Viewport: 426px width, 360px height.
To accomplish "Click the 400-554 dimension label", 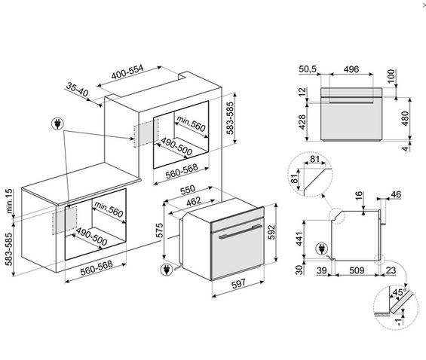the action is pyautogui.click(x=127, y=72).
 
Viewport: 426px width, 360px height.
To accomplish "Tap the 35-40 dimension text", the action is pyautogui.click(x=77, y=90).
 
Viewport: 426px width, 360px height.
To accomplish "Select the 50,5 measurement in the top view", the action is pyautogui.click(x=308, y=69).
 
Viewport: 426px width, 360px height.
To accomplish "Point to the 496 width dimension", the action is pyautogui.click(x=351, y=69).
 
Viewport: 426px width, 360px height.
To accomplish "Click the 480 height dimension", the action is pyautogui.click(x=405, y=118).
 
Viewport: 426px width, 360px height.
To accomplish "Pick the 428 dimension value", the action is pyautogui.click(x=302, y=122).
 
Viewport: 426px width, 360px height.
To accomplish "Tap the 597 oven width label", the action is pyautogui.click(x=238, y=283).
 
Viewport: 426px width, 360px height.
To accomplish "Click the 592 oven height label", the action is pyautogui.click(x=271, y=233).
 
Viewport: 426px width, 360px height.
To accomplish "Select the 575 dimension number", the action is pyautogui.click(x=160, y=230).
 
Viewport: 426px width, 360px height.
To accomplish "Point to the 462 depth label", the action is pyautogui.click(x=194, y=201).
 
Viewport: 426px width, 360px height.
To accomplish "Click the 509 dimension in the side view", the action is pyautogui.click(x=357, y=270).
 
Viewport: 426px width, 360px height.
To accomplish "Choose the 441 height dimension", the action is pyautogui.click(x=299, y=239).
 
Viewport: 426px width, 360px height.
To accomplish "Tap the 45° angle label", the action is pyautogui.click(x=399, y=292).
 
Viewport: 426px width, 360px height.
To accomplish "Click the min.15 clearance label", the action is pyautogui.click(x=9, y=201).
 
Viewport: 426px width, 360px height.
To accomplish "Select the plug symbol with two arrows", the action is pyautogui.click(x=57, y=124).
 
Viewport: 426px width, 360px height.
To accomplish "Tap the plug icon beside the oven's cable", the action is pyautogui.click(x=167, y=270).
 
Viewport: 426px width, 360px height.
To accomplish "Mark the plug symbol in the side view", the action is pyautogui.click(x=322, y=249).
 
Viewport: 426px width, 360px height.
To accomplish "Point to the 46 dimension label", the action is pyautogui.click(x=396, y=194).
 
